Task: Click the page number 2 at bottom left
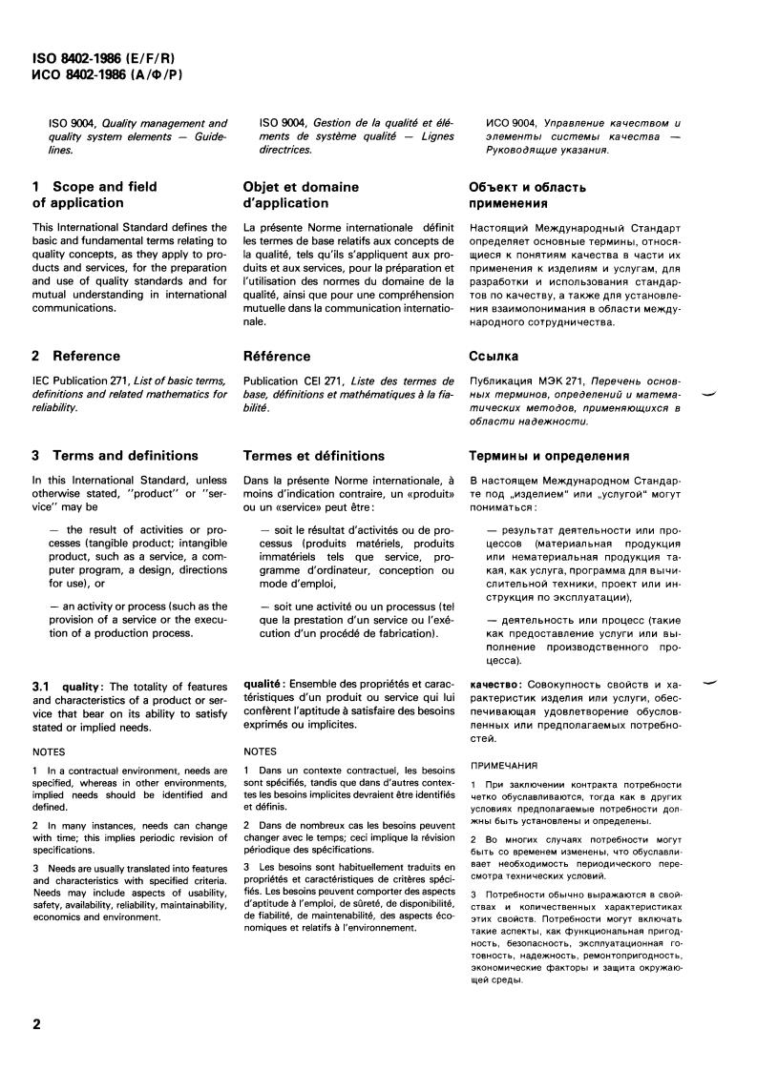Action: (x=37, y=1026)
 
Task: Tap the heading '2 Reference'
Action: (x=75, y=357)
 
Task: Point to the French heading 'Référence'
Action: (x=277, y=357)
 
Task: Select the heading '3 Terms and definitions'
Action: (x=115, y=456)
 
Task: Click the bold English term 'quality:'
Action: (x=85, y=686)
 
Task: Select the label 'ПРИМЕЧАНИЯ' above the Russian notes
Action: (x=503, y=765)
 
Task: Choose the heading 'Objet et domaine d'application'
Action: (x=302, y=195)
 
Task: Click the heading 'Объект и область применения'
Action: (x=528, y=195)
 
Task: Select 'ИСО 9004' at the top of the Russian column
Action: (x=511, y=123)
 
